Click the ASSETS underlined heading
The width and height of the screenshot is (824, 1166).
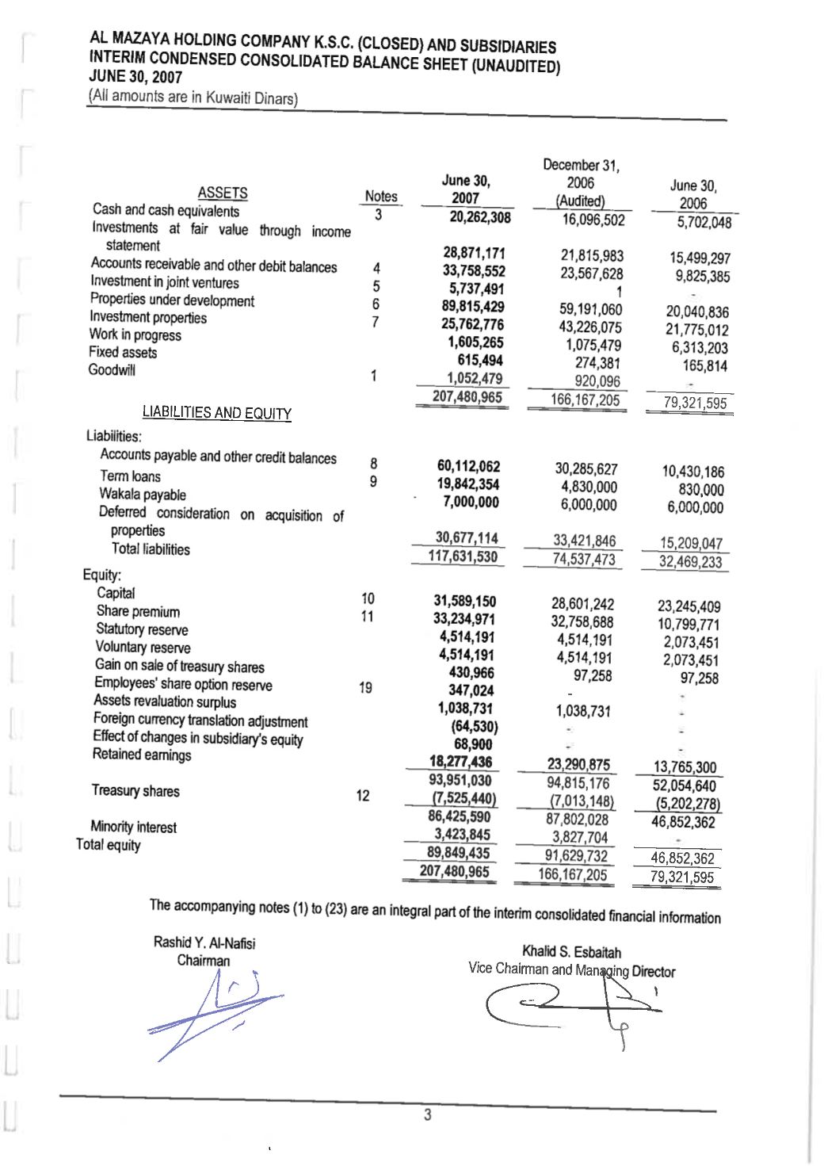coord(222,193)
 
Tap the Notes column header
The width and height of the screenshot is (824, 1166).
coord(381,196)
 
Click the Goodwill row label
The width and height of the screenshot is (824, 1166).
coord(112,370)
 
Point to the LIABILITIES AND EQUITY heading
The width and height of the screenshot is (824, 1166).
coord(216,412)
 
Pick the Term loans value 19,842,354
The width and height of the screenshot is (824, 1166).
coord(468,484)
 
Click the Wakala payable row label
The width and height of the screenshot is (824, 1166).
coord(143,495)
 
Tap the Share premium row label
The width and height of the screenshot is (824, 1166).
coord(138,611)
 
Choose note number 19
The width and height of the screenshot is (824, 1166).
coord(365,687)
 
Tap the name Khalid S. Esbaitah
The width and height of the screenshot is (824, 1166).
coord(571,952)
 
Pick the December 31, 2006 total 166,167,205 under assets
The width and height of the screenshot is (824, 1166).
coord(586,400)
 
